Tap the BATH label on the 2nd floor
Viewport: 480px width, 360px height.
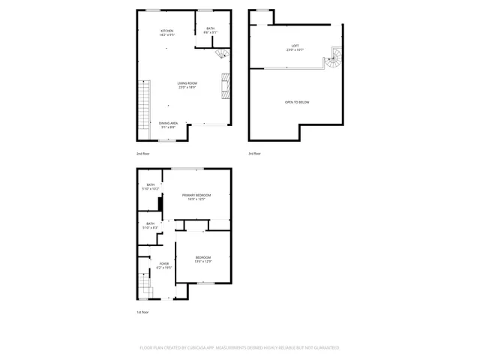point(211,30)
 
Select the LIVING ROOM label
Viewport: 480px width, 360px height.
point(187,85)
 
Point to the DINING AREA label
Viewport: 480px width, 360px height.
point(168,125)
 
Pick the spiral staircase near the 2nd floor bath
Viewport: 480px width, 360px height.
point(222,54)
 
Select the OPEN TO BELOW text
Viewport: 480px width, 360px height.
point(296,102)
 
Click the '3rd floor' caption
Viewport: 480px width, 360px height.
point(255,154)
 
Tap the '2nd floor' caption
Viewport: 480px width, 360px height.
point(142,154)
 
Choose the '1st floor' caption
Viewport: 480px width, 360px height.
point(142,312)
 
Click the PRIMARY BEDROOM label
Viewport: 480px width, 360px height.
point(196,196)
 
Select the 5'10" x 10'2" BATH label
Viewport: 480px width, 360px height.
point(151,187)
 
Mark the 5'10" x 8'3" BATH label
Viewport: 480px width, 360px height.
point(151,225)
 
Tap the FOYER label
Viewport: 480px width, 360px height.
point(163,265)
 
